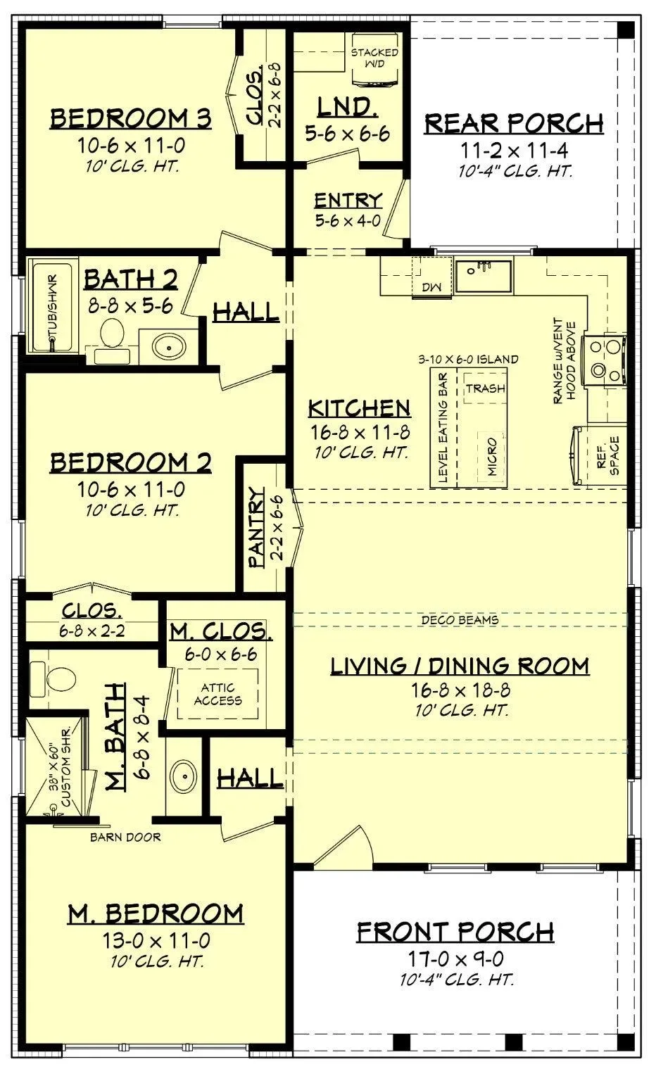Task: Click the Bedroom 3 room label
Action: click(x=130, y=118)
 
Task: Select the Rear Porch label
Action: click(x=514, y=123)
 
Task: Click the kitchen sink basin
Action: click(x=483, y=276)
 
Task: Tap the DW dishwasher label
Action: click(x=431, y=287)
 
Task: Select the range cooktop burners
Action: click(x=604, y=360)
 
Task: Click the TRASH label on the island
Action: click(x=486, y=388)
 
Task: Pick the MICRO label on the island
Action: click(x=492, y=457)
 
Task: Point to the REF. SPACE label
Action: click(x=607, y=455)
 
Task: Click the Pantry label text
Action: click(x=257, y=527)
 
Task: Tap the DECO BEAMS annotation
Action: click(x=460, y=620)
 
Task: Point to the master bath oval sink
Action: click(x=184, y=776)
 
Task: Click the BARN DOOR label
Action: click(x=125, y=850)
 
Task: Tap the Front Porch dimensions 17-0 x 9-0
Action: click(x=455, y=958)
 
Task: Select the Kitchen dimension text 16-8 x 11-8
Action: click(x=360, y=432)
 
